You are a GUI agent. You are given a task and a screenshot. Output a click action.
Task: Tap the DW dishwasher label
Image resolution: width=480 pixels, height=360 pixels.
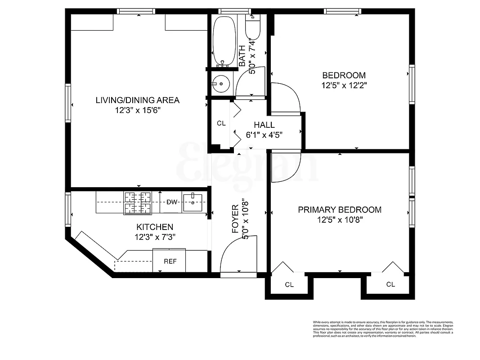[172, 202]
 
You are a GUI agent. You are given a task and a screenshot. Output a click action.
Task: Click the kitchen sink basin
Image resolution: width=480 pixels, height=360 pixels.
[195, 202]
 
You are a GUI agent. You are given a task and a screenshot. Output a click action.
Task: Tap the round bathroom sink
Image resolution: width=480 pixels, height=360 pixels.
[221, 84]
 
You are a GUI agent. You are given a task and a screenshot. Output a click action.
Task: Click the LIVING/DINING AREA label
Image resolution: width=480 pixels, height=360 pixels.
[137, 100]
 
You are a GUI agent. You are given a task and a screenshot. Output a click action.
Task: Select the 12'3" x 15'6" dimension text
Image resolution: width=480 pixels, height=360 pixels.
[137, 110]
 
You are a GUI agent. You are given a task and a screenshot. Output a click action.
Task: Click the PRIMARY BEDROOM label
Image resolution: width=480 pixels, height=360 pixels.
[340, 210]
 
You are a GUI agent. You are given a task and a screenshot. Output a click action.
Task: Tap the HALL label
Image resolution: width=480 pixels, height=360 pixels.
[264, 125]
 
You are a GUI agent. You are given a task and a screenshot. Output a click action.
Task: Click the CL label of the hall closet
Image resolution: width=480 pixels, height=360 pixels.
[221, 123]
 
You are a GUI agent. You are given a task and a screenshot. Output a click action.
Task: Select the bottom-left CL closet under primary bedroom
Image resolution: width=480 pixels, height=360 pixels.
[289, 285]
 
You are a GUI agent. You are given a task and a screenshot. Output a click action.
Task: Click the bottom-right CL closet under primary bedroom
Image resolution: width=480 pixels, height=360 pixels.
[390, 285]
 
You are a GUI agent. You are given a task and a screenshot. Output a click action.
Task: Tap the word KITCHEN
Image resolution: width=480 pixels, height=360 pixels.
[154, 227]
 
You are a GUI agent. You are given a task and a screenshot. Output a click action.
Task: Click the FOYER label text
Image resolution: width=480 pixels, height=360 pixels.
[235, 219]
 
